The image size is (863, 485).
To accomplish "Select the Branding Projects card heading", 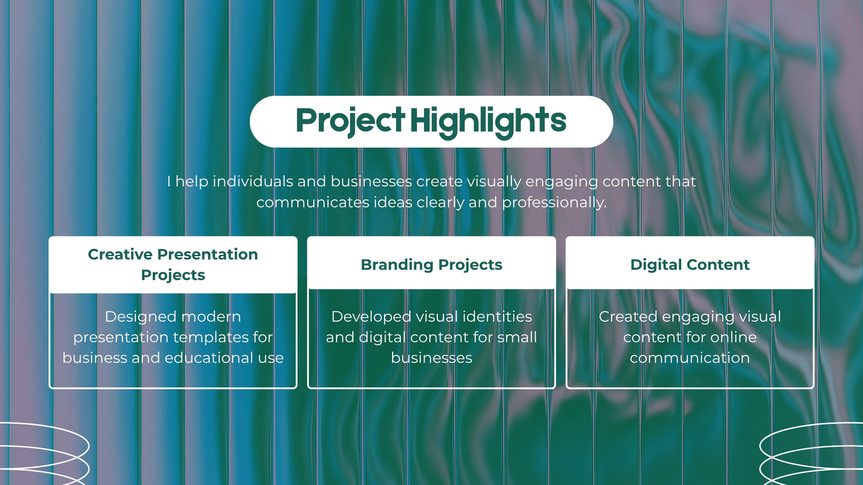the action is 432,265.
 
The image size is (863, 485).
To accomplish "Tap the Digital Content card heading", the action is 690,265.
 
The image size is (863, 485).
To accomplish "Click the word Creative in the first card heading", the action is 120,254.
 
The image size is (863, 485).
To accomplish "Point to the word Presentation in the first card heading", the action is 208,254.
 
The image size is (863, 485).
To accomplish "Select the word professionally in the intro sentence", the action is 554,203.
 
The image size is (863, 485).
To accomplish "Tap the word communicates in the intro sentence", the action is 313,203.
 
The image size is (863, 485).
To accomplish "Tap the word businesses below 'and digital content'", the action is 432,358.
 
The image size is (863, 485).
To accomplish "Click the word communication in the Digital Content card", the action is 690,358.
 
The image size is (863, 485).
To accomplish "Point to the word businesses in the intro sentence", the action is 371,181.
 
